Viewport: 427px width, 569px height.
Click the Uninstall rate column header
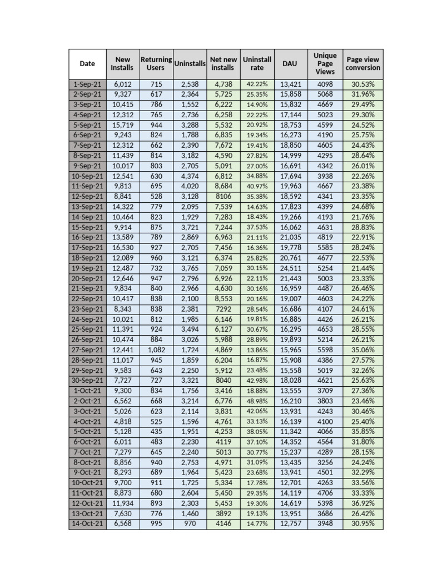point(257,63)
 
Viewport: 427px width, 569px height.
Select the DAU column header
point(290,63)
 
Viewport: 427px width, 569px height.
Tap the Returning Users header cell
point(156,63)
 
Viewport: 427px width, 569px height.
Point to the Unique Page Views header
point(325,63)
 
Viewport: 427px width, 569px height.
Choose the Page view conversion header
point(363,63)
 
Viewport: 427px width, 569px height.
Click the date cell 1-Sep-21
point(87,84)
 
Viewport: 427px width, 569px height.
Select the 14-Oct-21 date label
point(87,523)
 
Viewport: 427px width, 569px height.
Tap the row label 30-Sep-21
point(87,381)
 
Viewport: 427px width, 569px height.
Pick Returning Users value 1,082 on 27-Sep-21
point(156,350)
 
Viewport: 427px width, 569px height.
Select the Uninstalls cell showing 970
point(190,523)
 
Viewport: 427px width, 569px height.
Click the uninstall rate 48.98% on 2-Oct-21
point(257,401)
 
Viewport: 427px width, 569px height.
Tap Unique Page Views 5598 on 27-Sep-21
point(325,350)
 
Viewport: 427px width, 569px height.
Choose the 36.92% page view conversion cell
point(363,503)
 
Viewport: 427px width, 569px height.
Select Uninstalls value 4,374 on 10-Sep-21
point(190,176)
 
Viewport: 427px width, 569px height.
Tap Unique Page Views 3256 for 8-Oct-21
point(325,462)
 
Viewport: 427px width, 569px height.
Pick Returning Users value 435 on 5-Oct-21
point(156,432)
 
